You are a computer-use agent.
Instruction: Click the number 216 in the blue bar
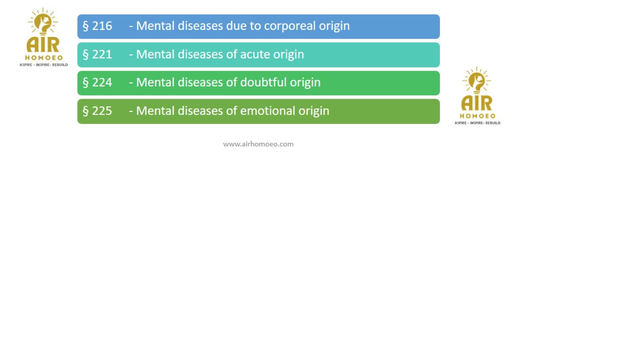click(102, 26)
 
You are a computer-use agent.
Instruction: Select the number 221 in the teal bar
click(102, 54)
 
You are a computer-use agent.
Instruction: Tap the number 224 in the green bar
click(102, 82)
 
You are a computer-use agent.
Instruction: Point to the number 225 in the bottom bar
click(102, 111)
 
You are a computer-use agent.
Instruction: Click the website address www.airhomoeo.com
click(258, 144)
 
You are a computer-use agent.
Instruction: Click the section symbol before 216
click(86, 26)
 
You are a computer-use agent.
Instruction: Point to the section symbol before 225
click(86, 111)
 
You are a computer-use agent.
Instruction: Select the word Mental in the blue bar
click(155, 26)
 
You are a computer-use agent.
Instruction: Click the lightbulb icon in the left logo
click(43, 22)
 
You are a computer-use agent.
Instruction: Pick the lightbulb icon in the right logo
click(476, 81)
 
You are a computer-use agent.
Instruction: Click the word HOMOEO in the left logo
click(44, 58)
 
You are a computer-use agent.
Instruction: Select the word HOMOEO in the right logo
click(478, 116)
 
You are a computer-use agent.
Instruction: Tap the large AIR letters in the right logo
click(477, 103)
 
